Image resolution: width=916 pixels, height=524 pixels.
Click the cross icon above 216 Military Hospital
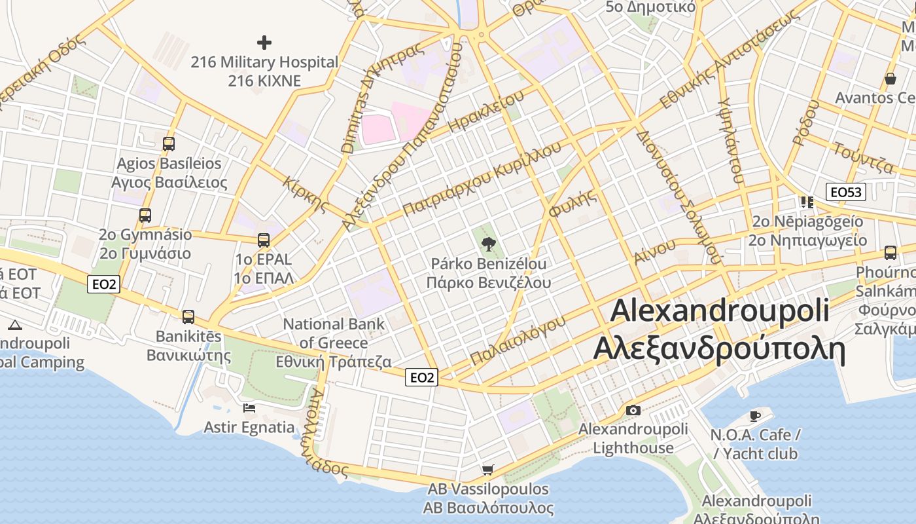click(264, 43)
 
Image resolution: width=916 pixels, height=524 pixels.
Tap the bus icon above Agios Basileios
click(169, 143)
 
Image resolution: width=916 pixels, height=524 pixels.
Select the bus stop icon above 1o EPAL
click(263, 240)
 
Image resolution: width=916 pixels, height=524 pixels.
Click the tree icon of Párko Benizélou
click(488, 245)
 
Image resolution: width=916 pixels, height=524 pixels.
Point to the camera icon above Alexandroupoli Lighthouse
click(633, 410)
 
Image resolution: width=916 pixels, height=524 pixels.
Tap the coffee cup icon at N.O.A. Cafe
click(755, 416)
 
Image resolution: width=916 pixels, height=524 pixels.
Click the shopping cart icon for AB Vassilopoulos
click(487, 470)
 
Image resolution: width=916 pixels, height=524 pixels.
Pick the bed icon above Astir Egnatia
click(249, 408)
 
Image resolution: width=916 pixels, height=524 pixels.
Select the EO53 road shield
click(846, 192)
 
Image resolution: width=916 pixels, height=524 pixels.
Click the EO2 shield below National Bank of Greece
click(421, 377)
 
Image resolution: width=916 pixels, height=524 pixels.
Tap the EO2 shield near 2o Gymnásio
click(103, 284)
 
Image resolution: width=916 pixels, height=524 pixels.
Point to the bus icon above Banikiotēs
click(188, 317)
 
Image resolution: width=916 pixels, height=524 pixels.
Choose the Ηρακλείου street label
click(487, 112)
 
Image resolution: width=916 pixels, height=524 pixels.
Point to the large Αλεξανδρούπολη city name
click(719, 349)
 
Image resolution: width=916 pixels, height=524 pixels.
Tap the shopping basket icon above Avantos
click(890, 79)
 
